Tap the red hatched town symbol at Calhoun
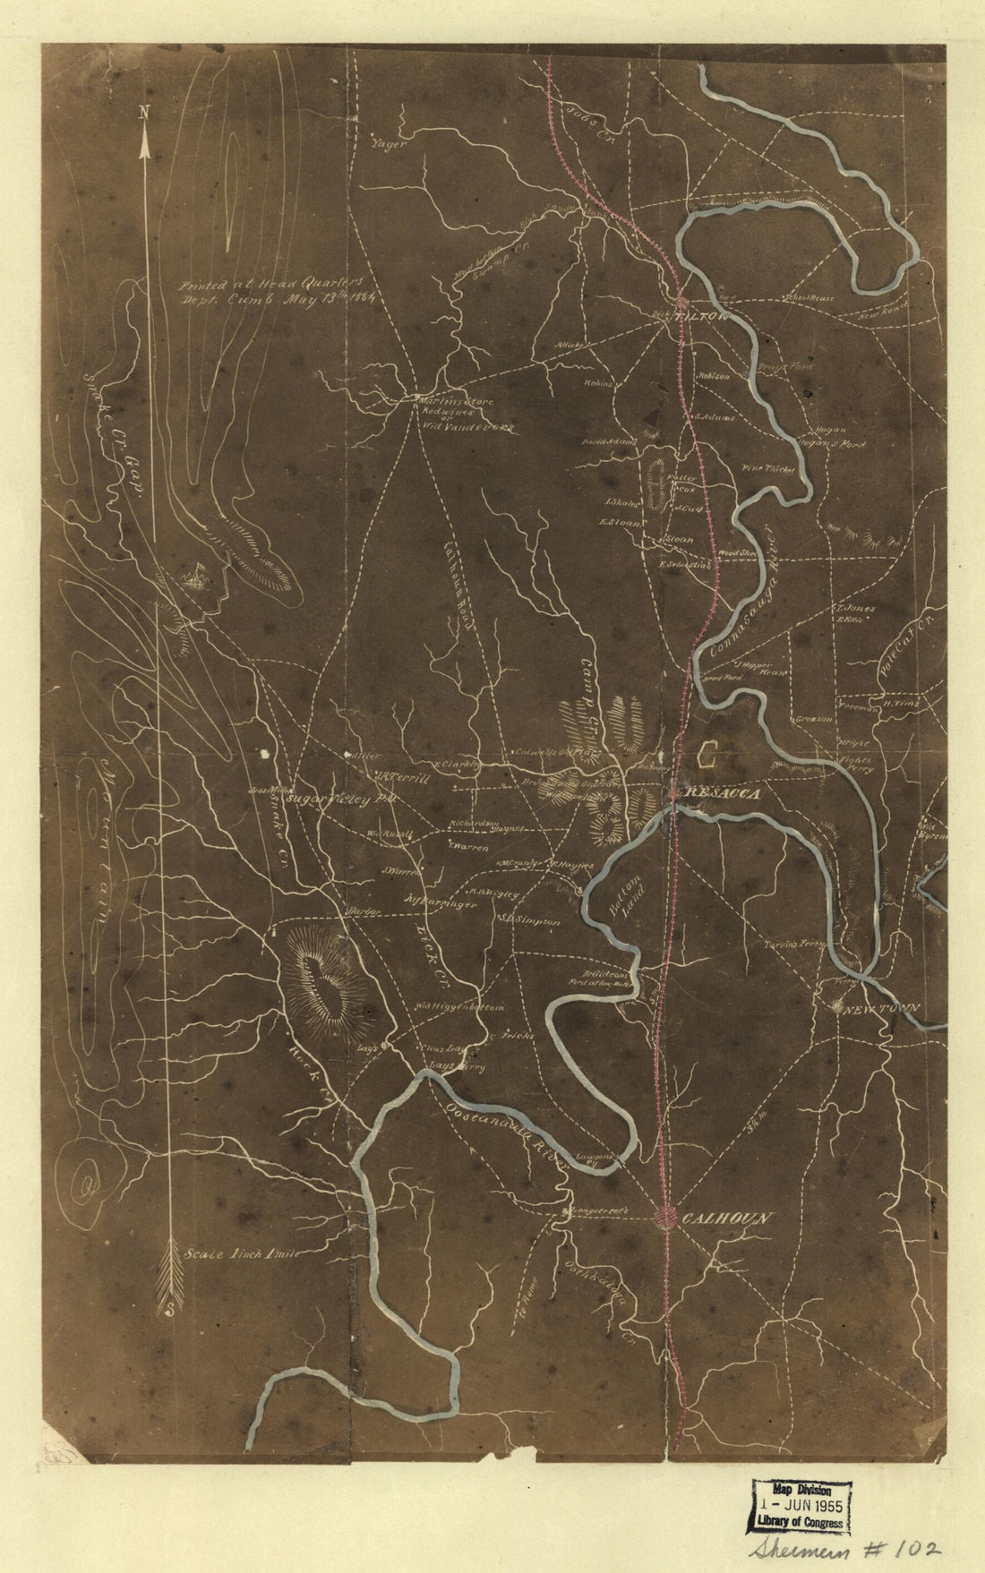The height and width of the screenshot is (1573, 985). [667, 1217]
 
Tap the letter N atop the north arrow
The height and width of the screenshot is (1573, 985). [143, 112]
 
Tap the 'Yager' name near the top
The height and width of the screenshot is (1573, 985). [388, 141]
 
